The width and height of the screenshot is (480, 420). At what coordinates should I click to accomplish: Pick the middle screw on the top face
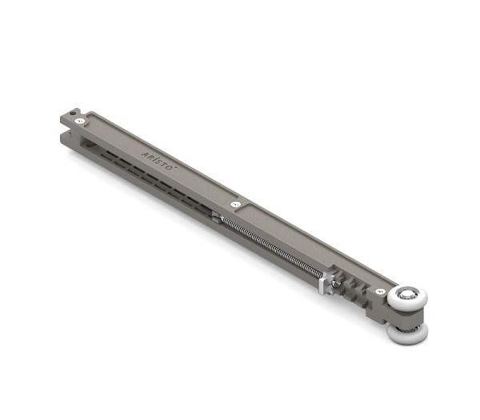[235, 205]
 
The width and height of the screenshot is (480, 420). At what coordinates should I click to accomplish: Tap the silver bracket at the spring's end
[328, 280]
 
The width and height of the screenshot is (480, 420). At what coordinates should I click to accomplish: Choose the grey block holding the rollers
[384, 312]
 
